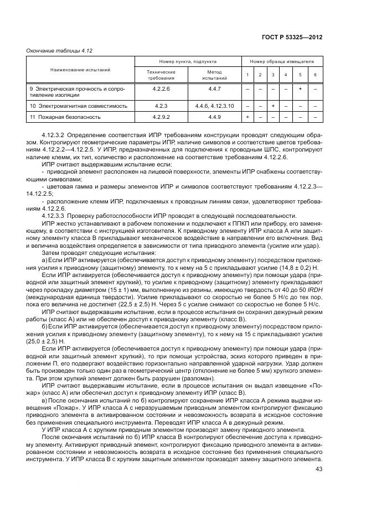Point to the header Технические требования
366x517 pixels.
point(160,75)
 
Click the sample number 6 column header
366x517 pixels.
point(315,75)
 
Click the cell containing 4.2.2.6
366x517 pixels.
point(160,88)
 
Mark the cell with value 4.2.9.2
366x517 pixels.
point(160,117)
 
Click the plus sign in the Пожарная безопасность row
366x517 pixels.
point(247,117)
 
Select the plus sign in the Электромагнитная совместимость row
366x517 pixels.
point(273,105)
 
